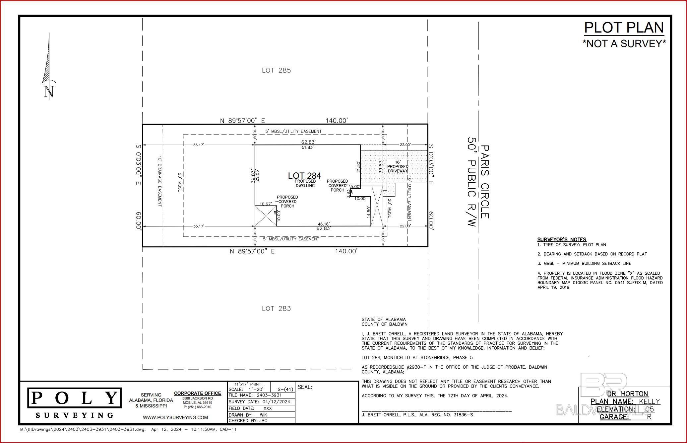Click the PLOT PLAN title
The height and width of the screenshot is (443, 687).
coord(624,28)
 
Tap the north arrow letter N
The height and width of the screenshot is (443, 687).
coord(49,91)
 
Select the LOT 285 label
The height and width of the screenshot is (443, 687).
coord(276,70)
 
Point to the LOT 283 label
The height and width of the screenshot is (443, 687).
coord(276,309)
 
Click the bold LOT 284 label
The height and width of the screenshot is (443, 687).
coord(304,176)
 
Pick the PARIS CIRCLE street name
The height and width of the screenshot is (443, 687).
coord(484,182)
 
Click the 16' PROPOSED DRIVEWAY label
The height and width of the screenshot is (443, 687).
coord(398,166)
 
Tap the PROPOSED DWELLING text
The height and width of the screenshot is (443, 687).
coord(305,183)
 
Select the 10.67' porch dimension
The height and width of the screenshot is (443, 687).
coord(266,204)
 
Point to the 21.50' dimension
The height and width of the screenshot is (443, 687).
coord(358,167)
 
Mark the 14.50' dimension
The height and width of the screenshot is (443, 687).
coord(368,212)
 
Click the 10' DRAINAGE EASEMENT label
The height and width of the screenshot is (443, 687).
coord(160,181)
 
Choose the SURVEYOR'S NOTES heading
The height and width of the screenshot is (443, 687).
coord(561,239)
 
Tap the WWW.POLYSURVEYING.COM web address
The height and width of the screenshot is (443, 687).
coord(175,417)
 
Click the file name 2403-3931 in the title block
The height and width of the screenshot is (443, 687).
coord(269,395)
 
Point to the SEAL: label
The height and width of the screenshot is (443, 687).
coord(305,387)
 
